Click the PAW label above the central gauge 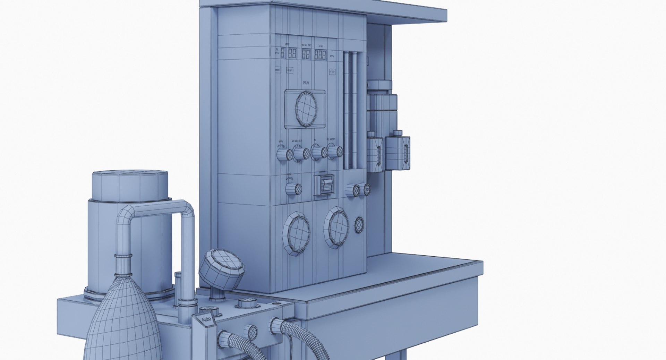click(306, 83)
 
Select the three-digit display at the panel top click(321, 55)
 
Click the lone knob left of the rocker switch click(293, 189)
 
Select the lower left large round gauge click(297, 233)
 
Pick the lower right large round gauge click(337, 227)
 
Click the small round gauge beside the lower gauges click(359, 225)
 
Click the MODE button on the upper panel click(277, 70)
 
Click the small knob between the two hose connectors click(251, 332)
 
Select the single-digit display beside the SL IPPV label click(282, 53)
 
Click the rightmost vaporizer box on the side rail click(398, 153)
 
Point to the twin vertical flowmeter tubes click(350, 111)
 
